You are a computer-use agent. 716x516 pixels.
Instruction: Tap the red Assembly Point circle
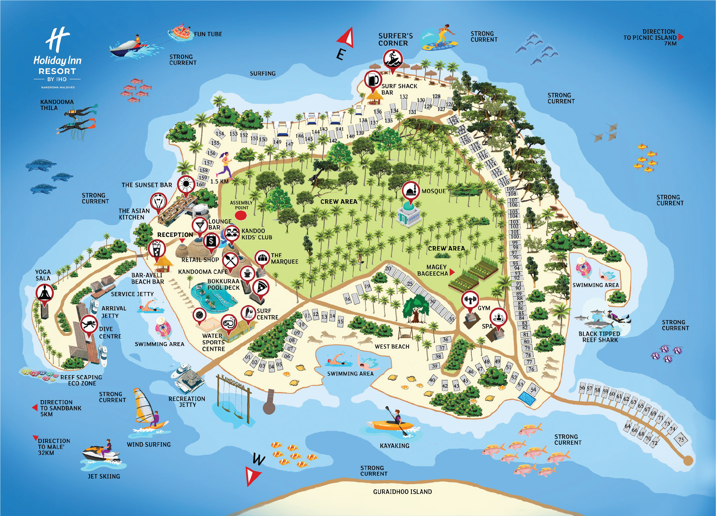(241, 215)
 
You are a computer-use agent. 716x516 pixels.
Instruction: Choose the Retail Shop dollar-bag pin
(211, 242)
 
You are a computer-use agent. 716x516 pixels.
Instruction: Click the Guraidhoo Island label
(402, 492)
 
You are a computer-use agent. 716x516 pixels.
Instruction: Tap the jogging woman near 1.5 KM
(225, 164)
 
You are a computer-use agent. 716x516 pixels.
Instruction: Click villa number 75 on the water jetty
(681, 440)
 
